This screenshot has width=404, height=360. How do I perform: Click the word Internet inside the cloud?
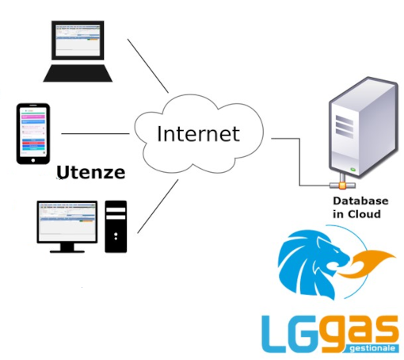[x=198, y=134]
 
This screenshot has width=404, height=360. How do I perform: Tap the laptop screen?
[x=78, y=40]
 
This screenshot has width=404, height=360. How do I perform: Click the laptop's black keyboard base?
[x=78, y=73]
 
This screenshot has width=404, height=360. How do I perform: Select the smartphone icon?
[x=33, y=134]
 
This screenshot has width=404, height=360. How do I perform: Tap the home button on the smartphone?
[x=33, y=160]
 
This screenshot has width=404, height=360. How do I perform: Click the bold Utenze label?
[x=91, y=172]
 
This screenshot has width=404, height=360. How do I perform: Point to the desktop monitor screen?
[x=67, y=222]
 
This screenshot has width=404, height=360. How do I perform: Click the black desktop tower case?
[x=116, y=227]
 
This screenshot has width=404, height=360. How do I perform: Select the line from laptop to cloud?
[x=148, y=66]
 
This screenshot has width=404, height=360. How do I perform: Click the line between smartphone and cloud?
[x=95, y=134]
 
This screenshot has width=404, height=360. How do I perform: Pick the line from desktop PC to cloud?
[x=158, y=206]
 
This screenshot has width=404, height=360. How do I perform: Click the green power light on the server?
[x=353, y=170]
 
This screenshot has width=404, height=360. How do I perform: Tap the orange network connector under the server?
[x=342, y=185]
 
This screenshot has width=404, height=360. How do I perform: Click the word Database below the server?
[x=360, y=201]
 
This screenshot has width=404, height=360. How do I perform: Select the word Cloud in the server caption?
[x=364, y=214]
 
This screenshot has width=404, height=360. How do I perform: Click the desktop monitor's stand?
[x=67, y=247]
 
